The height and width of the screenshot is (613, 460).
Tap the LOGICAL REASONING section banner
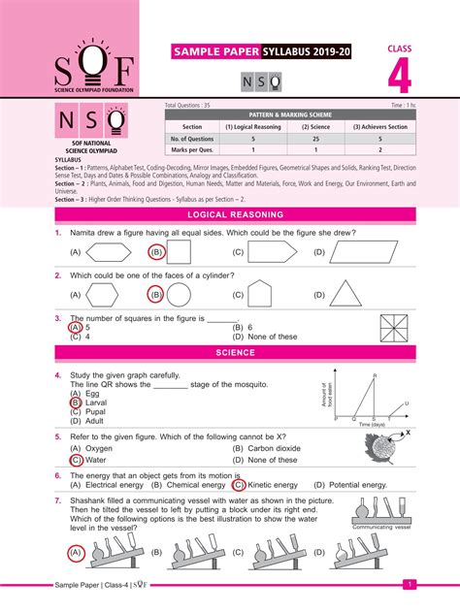click(236, 214)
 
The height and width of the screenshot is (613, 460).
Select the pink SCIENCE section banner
click(236, 353)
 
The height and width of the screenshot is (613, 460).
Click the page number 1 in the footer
click(410, 585)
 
